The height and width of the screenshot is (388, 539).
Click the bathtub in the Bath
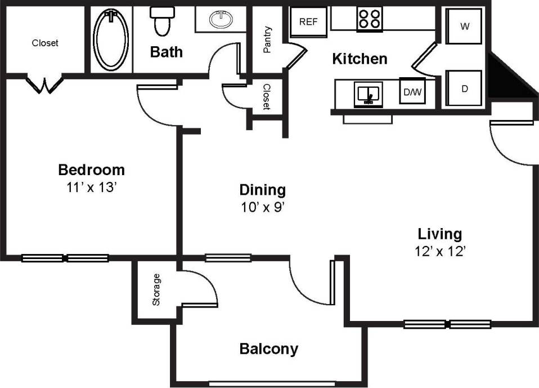click(111, 40)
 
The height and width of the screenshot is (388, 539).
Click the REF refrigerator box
click(308, 22)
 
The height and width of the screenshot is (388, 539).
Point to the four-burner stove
click(369, 19)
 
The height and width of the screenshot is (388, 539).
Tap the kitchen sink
click(368, 93)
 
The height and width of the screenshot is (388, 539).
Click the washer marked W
click(465, 26)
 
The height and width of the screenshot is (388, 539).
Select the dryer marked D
click(465, 88)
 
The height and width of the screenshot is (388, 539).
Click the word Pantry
click(267, 39)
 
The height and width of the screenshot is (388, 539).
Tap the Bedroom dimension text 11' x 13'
click(91, 188)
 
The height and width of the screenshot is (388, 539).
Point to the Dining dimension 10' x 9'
click(263, 208)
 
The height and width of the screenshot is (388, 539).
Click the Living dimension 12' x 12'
click(440, 252)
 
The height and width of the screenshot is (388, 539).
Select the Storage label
click(156, 289)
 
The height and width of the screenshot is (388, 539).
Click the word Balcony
click(268, 349)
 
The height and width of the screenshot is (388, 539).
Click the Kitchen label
click(360, 59)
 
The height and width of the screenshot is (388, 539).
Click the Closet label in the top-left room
click(45, 43)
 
